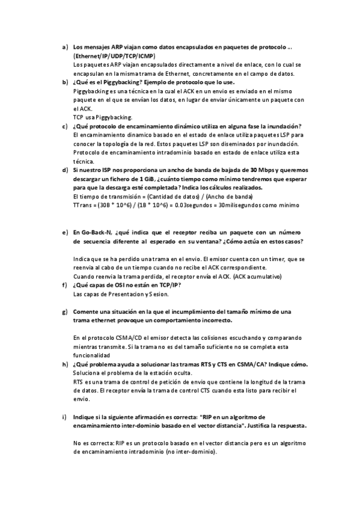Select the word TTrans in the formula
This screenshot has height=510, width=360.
click(81, 205)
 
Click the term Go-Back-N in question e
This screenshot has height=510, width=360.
click(93, 232)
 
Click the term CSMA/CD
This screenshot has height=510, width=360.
click(124, 338)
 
